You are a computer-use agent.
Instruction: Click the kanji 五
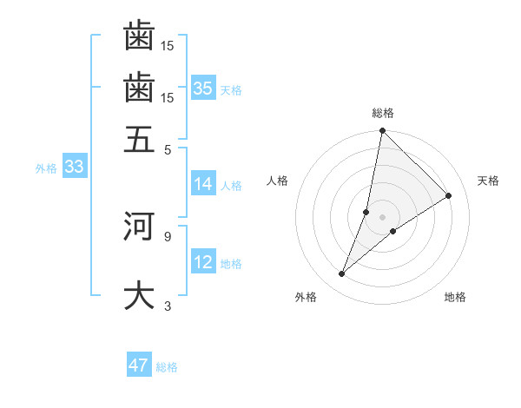point(139,139)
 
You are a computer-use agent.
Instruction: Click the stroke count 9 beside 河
point(167,234)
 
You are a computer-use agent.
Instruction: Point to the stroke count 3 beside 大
point(167,306)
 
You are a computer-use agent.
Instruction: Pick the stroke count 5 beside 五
point(167,148)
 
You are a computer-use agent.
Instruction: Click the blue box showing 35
point(203,88)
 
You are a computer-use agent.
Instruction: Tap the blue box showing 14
point(203,184)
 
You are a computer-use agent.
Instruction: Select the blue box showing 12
point(203,262)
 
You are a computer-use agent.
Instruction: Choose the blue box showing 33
point(73,168)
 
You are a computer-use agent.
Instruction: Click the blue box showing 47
point(139,365)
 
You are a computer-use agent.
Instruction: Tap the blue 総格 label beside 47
point(167,367)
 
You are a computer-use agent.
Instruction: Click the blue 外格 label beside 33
point(45,168)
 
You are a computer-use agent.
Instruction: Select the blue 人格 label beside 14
point(231,185)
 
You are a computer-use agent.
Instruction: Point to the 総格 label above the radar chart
point(383,113)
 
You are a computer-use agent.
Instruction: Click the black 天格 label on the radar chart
point(488,181)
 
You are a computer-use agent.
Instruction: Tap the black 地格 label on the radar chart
point(455,297)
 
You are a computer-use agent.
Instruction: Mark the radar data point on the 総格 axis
point(382,131)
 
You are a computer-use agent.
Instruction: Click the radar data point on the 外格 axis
point(342,274)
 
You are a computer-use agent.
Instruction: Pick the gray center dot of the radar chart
point(383,217)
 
